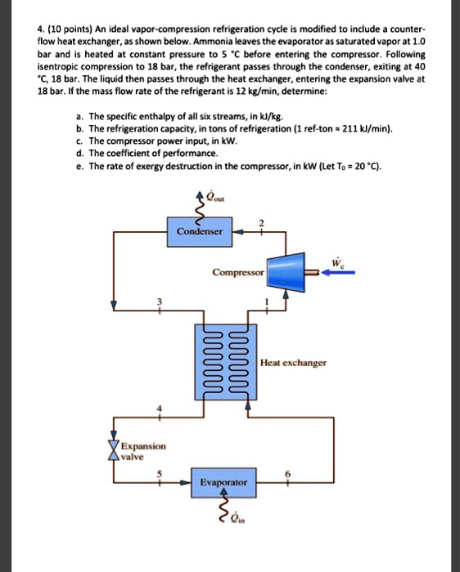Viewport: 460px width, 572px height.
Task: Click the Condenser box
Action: pyautogui.click(x=200, y=231)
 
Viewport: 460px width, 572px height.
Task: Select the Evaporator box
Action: pyautogui.click(x=223, y=482)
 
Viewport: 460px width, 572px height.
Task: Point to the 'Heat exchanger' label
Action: pyautogui.click(x=293, y=362)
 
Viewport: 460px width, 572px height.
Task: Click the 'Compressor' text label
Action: pyautogui.click(x=237, y=271)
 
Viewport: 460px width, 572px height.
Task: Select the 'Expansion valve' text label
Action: pyautogui.click(x=143, y=452)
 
